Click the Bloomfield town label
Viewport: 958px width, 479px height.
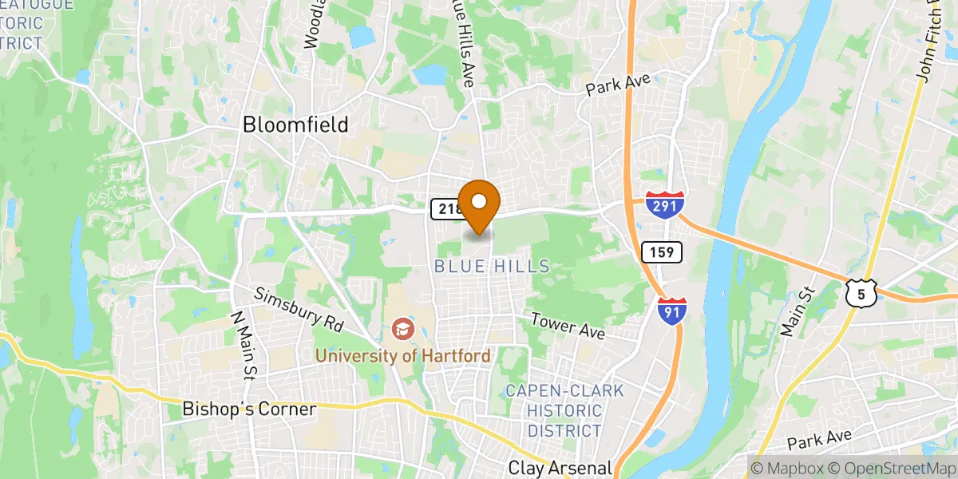pos(295,125)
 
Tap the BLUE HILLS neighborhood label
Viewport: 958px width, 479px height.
pos(493,267)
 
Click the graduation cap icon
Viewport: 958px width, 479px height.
pos(402,328)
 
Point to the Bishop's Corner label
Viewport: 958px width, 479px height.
pos(250,409)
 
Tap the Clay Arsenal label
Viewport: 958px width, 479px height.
pos(560,468)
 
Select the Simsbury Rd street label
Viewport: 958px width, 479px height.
pos(298,309)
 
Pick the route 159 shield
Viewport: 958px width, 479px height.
pos(661,252)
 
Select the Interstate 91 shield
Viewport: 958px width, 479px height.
pos(671,311)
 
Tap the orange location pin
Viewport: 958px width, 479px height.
pos(479,206)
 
